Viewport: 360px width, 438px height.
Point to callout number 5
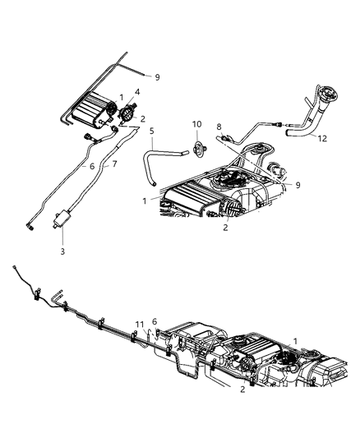coord(150,131)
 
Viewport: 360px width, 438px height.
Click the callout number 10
coord(196,124)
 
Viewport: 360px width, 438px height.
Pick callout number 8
coord(219,127)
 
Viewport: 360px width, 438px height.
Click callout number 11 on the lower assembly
coord(141,324)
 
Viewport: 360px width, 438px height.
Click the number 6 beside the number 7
coord(91,166)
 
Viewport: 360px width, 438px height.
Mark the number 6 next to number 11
coord(154,321)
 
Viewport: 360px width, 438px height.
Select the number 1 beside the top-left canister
coord(122,97)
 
